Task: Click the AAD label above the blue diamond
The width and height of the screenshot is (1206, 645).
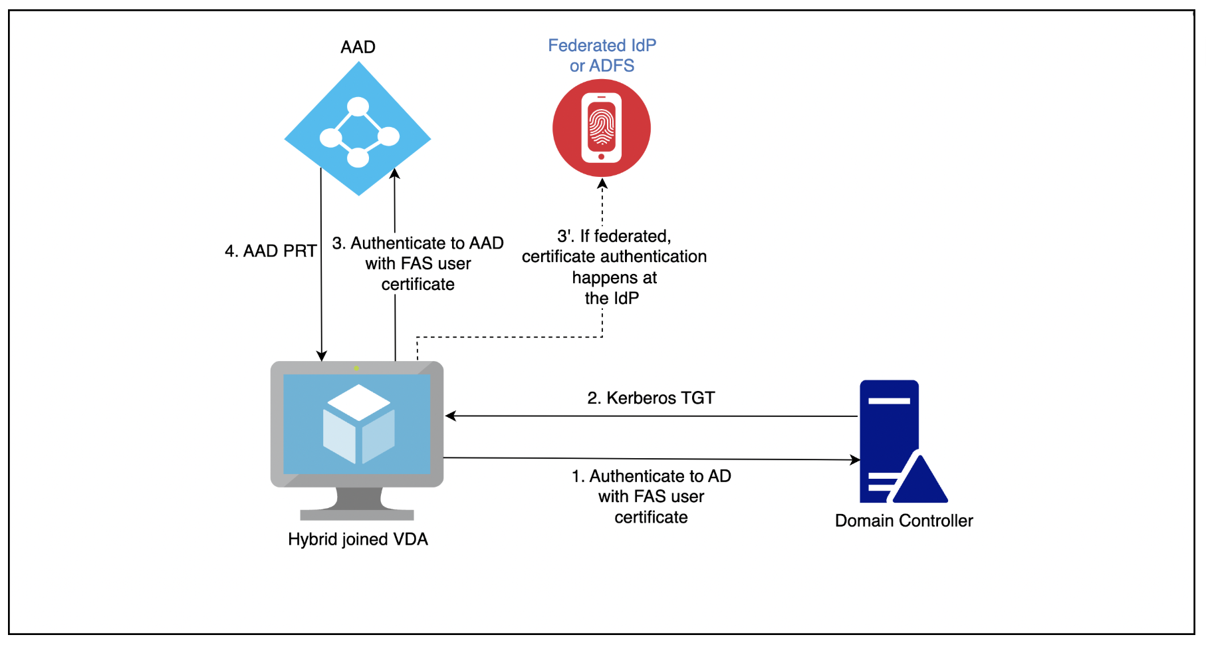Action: [358, 47]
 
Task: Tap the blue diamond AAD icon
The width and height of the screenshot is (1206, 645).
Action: [358, 129]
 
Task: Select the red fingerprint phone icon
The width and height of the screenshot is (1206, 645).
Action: [602, 128]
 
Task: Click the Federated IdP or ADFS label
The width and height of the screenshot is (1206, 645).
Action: [602, 55]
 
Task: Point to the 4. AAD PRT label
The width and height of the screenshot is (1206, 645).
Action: [271, 251]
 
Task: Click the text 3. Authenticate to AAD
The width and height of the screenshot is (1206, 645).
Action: [418, 243]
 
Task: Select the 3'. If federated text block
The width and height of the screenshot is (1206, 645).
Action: [614, 267]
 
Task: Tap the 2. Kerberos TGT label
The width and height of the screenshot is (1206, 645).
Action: [651, 398]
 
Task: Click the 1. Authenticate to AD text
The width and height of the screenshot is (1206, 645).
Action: [651, 476]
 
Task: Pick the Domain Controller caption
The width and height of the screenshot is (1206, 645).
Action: [904, 521]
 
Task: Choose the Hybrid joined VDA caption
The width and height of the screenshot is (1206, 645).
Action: [358, 539]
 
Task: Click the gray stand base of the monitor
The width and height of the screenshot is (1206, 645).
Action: [357, 515]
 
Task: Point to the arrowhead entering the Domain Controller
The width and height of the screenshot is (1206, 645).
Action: [855, 459]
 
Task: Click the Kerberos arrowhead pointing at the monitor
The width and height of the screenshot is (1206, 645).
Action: [451, 416]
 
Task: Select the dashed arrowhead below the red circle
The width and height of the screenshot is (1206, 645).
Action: [602, 184]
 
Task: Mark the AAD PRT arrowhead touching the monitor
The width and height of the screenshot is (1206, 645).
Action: [322, 356]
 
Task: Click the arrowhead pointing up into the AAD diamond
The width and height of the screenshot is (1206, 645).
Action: [394, 174]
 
